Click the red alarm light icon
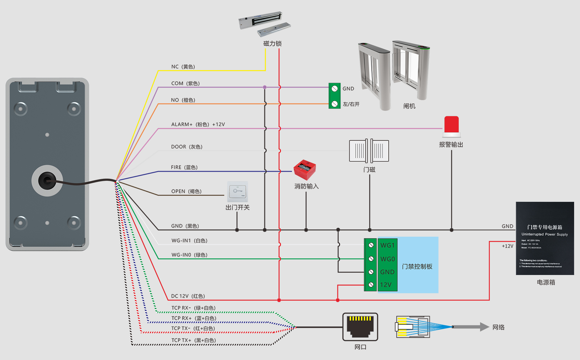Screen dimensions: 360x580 pos(451,126)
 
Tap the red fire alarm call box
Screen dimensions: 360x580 pos(305,170)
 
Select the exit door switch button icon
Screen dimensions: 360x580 pos(237,192)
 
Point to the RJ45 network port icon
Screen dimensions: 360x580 pos(360,327)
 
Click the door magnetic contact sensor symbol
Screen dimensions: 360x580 pos(369,151)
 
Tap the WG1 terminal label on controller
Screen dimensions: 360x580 pos(387,245)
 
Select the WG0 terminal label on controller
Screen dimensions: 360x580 pos(387,259)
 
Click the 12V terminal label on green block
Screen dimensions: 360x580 pos(386,285)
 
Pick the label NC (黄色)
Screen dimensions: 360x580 pos(183,67)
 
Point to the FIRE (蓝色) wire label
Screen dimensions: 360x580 pos(184,167)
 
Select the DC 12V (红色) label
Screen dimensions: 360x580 pos(188,296)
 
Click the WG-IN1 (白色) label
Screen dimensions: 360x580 pos(189,241)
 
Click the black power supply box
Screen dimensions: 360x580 pos(545,238)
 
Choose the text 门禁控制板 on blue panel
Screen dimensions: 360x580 pos(417,267)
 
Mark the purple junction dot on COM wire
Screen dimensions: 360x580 pos(265,87)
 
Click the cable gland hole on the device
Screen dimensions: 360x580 pos(47,181)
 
